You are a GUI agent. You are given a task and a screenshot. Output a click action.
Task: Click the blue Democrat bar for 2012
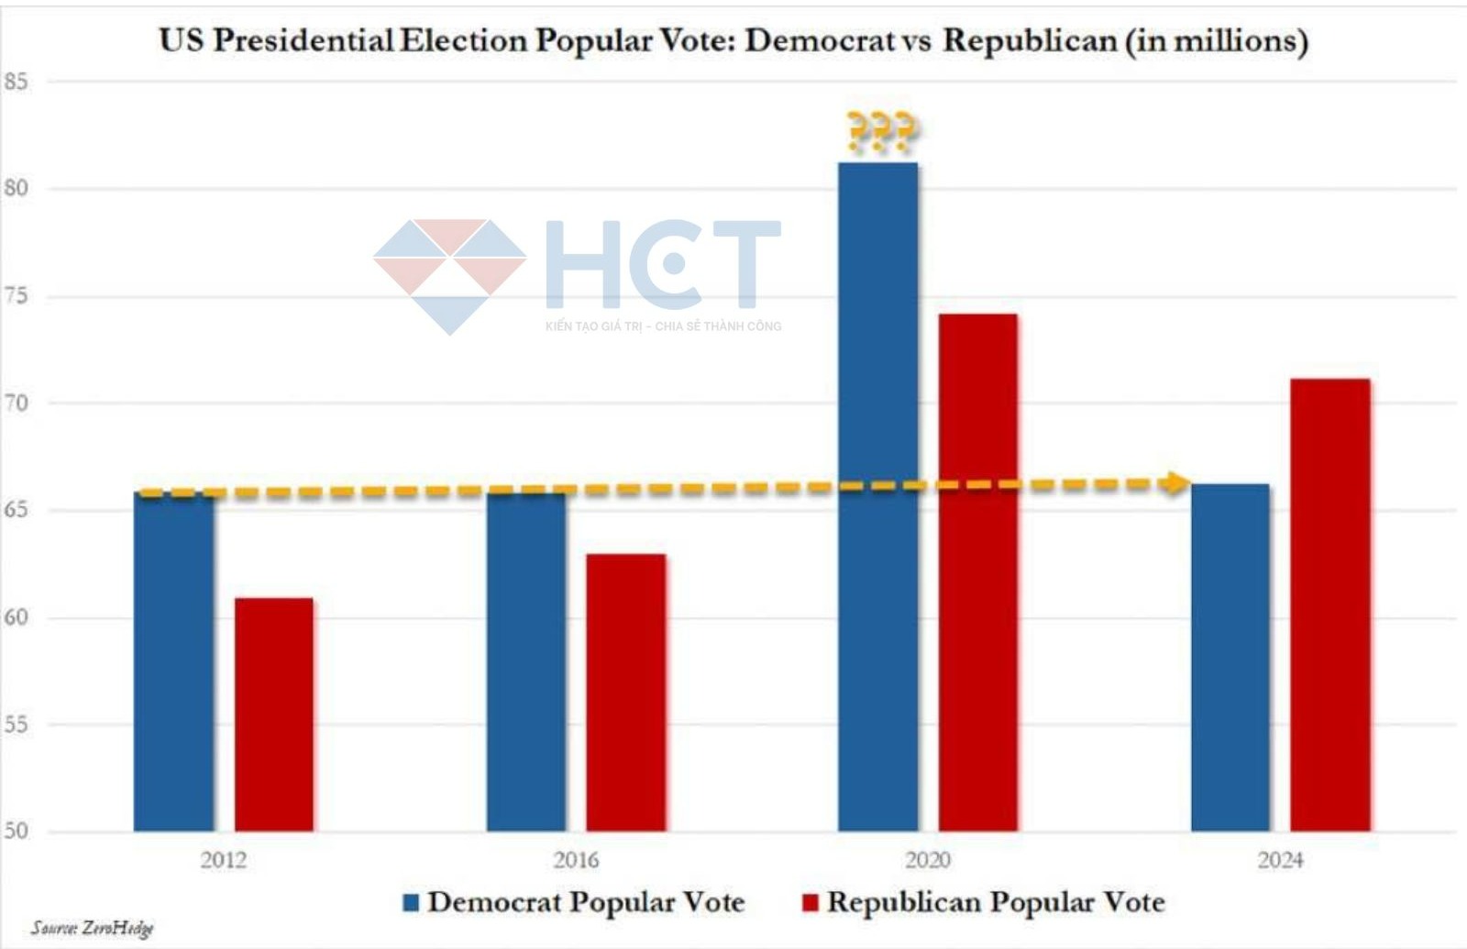point(174,660)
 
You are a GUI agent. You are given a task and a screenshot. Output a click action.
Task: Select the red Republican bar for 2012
point(274,715)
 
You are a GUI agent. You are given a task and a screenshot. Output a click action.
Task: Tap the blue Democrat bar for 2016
point(526,660)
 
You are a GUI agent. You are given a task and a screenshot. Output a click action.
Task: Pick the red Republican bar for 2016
point(626,693)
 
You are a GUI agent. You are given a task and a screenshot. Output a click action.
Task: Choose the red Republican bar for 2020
point(978,573)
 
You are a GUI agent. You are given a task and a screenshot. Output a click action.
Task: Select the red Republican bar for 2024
point(1330,605)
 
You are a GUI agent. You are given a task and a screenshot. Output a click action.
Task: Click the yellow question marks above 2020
point(880,132)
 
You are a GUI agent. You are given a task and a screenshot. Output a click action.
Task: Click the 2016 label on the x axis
point(576,860)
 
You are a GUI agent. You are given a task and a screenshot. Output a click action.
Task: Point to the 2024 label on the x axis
point(1280,860)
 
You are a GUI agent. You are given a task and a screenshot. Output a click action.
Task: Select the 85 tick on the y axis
point(16,82)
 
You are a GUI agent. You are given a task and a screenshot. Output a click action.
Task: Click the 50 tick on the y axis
point(16,831)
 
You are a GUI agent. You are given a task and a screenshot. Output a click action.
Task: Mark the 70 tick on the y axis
point(16,403)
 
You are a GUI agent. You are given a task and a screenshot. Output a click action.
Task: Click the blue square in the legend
point(412,903)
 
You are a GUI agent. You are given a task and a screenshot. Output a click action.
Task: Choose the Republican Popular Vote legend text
point(996,902)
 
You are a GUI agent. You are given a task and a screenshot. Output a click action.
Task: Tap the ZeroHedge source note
point(93,928)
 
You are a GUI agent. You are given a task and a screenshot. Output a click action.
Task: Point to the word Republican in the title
point(1030,41)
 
